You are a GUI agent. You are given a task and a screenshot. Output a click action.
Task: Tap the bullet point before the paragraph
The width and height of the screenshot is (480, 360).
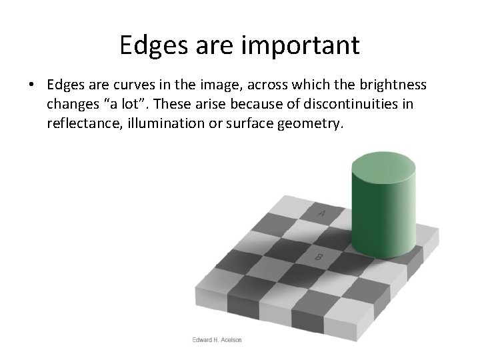(x=31, y=86)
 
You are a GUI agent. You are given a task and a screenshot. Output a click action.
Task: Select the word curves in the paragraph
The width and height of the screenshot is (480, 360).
(x=135, y=86)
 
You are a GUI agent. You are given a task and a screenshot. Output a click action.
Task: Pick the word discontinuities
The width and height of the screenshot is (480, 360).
(x=369, y=105)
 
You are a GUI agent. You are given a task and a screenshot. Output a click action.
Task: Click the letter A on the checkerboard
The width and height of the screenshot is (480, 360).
(x=321, y=214)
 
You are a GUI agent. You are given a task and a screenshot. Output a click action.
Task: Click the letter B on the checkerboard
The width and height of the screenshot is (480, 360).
(x=319, y=257)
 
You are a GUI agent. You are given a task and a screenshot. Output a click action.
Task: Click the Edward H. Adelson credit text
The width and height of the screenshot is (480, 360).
(x=216, y=339)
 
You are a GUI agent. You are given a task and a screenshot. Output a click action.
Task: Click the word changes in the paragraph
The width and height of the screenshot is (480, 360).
(x=71, y=105)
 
